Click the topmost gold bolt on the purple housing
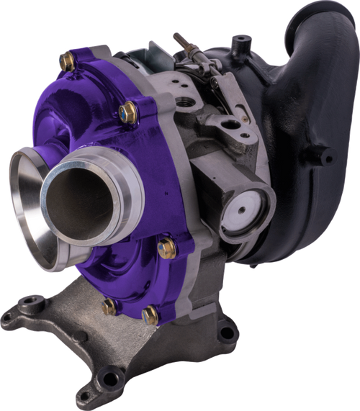pos(67,63)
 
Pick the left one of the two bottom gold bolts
pos(109,307)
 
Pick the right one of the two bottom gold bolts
pos(150,315)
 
